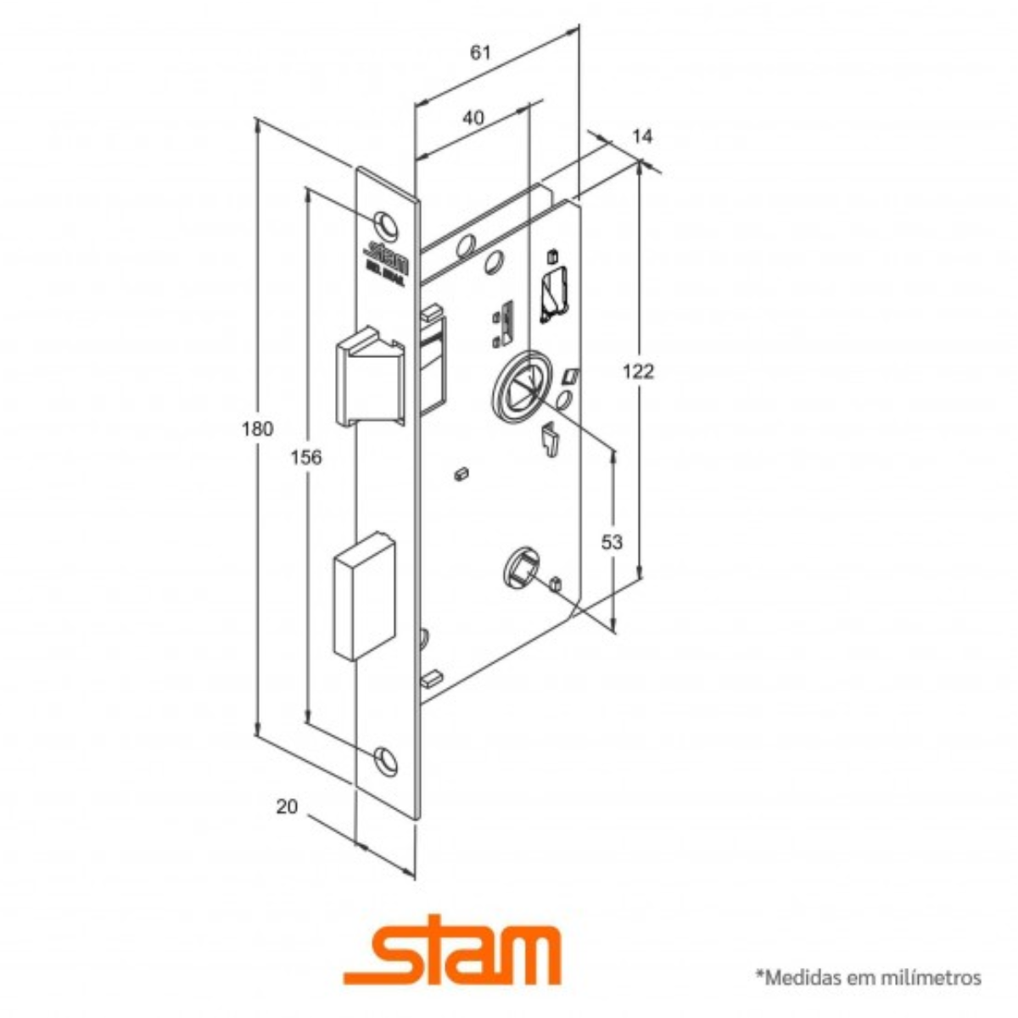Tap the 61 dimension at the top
pos(480,52)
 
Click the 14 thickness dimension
pos(643,137)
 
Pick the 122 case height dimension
pos(638,371)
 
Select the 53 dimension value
pos(612,541)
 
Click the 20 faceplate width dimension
pos(288,806)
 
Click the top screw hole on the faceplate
pos(387,222)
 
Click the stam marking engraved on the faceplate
pos(387,255)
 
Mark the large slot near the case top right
pos(554,293)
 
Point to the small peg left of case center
pos(462,473)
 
